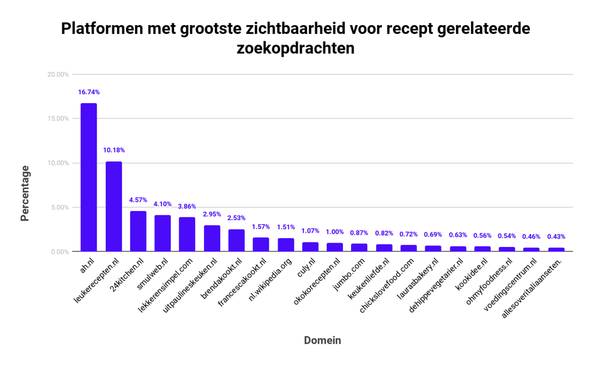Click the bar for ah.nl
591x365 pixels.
coord(89,177)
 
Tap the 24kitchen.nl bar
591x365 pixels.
coord(138,231)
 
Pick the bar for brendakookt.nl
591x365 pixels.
coord(236,241)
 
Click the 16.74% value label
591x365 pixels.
coord(89,92)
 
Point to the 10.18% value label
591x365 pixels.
coord(114,150)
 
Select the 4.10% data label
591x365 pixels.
coord(163,204)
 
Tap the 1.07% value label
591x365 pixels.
coord(310,231)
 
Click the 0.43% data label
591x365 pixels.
coord(556,237)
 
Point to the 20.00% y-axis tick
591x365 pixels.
coord(58,75)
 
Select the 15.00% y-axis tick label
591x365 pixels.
coord(58,119)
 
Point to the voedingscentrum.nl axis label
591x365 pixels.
coord(512,285)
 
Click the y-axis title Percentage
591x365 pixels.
coord(25,193)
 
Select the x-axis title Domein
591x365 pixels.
coord(322,340)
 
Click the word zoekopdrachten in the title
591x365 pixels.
coord(295,48)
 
